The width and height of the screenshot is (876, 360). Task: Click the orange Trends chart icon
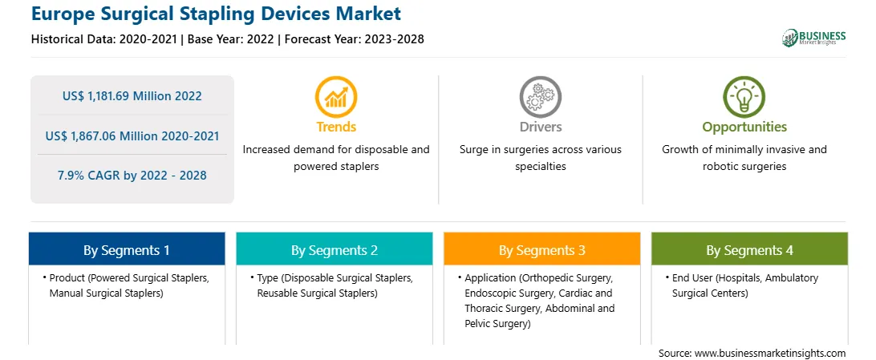coord(336,97)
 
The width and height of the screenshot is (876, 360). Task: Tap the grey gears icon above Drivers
coord(540,97)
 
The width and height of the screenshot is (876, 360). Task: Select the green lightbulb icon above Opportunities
coord(744,97)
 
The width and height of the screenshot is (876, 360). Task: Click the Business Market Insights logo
coord(814,38)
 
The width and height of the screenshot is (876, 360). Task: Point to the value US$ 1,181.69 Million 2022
coord(132,96)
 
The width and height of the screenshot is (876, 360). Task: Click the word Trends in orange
coord(336,127)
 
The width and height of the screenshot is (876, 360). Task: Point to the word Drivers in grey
coord(540,127)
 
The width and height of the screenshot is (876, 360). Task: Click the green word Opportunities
coord(744,127)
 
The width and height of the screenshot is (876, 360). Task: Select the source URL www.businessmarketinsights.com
coord(770,354)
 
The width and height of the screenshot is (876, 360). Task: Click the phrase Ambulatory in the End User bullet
coord(793,277)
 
